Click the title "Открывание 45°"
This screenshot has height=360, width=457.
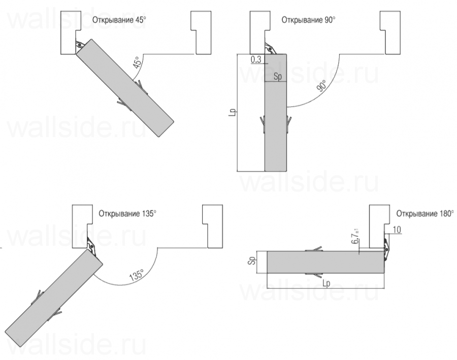pos(119,20)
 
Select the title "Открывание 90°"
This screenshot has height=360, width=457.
pos(308,20)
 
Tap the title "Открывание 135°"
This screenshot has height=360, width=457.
pos(127,214)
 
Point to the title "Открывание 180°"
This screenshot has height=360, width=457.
pos(425,214)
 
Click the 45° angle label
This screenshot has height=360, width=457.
pos(138,62)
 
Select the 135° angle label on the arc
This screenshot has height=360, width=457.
pos(137,275)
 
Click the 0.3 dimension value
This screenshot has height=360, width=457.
pos(255,59)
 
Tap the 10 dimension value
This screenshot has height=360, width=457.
pos(397,230)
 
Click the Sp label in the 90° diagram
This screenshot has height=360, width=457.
pos(278,77)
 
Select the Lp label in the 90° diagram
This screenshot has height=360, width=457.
pos(233,113)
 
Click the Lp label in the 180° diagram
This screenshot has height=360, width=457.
pos(327,283)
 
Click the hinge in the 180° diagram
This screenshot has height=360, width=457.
pos(386,249)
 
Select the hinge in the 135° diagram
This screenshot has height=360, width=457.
pos(91,247)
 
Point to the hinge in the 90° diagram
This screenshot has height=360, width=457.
pos(270,48)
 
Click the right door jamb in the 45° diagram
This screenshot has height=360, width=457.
pos(201,32)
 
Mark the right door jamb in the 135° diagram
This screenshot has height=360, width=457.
pos(212,226)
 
